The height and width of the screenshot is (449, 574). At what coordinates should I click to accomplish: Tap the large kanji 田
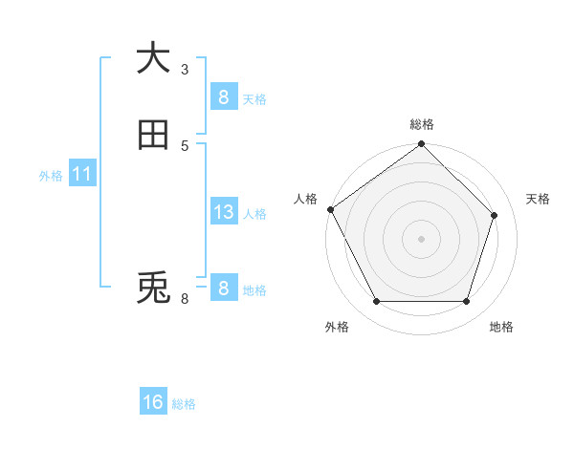click(x=153, y=136)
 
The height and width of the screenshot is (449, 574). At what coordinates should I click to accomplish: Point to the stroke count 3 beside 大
click(x=185, y=69)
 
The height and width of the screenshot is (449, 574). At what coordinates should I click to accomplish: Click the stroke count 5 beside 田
click(x=185, y=145)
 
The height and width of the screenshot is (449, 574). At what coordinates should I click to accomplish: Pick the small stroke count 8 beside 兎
click(x=185, y=299)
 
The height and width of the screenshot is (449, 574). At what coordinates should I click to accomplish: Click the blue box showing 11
click(x=81, y=175)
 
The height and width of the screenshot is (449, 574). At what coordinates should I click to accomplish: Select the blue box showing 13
click(x=223, y=212)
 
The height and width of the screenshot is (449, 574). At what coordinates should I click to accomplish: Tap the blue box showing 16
click(x=153, y=402)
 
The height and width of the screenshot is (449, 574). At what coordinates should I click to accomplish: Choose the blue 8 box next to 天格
click(x=223, y=96)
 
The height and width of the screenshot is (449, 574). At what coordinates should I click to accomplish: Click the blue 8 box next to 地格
click(x=223, y=289)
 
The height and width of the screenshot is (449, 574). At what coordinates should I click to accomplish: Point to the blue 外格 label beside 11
click(x=51, y=176)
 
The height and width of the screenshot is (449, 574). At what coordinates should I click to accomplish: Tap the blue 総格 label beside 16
click(x=184, y=404)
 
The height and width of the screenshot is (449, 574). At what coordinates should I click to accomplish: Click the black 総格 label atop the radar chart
click(x=422, y=124)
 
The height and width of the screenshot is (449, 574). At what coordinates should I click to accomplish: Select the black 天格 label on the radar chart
click(x=538, y=199)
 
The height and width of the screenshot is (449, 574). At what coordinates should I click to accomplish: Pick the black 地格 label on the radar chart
click(x=501, y=328)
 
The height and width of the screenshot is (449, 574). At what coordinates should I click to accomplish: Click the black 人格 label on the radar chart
click(x=305, y=199)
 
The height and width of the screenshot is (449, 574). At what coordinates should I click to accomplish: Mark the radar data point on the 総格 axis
click(x=421, y=145)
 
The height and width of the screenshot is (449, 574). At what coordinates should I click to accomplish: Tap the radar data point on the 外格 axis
click(x=376, y=302)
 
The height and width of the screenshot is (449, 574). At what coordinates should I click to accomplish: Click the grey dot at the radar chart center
click(x=421, y=239)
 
